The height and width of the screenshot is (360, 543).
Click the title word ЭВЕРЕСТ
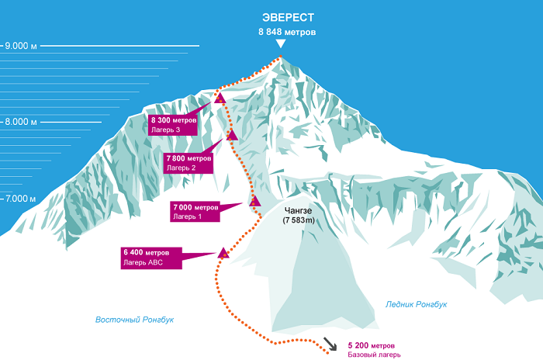287,17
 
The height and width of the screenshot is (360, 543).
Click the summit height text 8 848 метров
287,33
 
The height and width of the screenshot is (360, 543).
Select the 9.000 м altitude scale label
21,47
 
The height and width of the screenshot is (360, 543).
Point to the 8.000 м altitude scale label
21,122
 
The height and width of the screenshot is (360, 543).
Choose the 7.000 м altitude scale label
21,199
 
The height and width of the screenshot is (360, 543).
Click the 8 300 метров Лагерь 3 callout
175,125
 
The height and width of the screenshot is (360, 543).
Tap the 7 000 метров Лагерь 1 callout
195,212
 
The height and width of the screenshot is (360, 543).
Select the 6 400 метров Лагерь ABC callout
152,258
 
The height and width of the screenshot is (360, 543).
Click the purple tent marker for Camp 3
220,99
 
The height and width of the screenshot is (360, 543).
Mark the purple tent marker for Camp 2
231,136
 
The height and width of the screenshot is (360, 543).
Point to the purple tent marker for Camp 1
254,201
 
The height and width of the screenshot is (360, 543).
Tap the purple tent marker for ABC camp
223,252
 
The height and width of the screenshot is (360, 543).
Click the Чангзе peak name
298,210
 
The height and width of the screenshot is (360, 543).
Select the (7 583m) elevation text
298,221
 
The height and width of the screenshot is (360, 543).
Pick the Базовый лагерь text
375,355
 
